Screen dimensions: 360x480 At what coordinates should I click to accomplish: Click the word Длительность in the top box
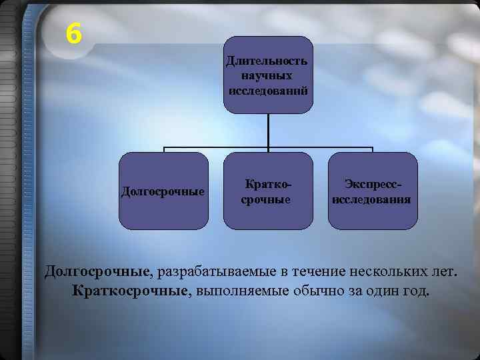pyautogui.click(x=267, y=61)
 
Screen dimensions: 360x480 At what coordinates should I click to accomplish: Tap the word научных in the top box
pyautogui.click(x=267, y=75)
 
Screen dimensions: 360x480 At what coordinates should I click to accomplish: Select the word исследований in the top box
pyautogui.click(x=268, y=89)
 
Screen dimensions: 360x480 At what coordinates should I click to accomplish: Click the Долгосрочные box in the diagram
pyautogui.click(x=163, y=191)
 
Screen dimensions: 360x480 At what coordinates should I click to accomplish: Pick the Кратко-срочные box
pyautogui.click(x=268, y=191)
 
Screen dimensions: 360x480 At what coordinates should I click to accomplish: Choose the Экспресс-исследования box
pyautogui.click(x=373, y=191)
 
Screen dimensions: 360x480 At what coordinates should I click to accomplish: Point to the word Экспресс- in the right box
pyautogui.click(x=373, y=183)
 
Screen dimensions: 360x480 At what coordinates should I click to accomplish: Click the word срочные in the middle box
pyautogui.click(x=265, y=199)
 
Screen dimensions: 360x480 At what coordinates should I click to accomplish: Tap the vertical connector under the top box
pyautogui.click(x=268, y=130)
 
